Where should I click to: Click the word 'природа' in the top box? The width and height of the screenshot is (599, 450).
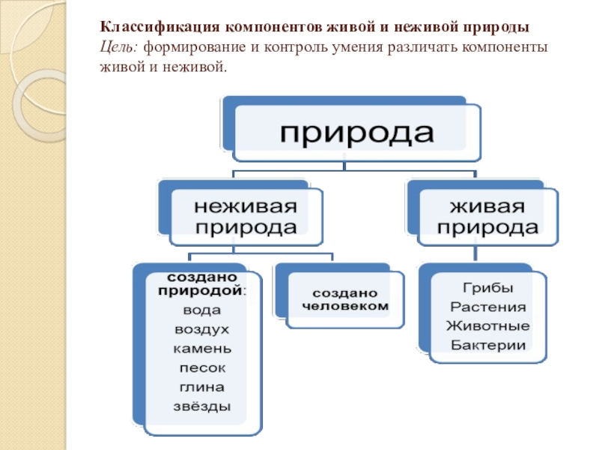coord(356,133)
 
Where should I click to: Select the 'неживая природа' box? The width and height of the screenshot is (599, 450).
coord(246,217)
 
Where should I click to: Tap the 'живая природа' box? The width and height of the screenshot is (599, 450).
coord(487,217)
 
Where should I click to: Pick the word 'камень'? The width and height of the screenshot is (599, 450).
coord(201,349)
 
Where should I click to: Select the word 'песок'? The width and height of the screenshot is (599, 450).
coord(201,368)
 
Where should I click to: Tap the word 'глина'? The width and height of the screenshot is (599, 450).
coord(201,388)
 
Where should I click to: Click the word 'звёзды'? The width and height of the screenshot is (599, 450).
coord(201,407)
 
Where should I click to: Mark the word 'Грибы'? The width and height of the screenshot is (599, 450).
coord(487,288)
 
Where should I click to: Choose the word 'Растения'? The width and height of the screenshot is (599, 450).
coord(487,307)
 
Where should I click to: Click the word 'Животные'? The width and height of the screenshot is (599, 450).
coord(487,326)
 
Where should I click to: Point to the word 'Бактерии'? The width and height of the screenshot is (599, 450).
coord(487,345)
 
